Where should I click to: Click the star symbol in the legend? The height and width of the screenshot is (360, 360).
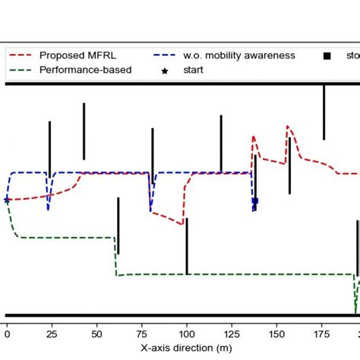[165, 70]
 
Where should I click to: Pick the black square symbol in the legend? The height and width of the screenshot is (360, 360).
[327, 55]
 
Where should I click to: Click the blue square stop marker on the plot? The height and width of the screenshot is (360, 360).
[255, 201]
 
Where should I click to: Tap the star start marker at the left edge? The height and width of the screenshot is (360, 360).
[7, 200]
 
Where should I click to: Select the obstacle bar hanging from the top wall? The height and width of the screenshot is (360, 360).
[324, 112]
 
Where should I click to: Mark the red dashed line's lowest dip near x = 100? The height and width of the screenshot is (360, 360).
[182, 225]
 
